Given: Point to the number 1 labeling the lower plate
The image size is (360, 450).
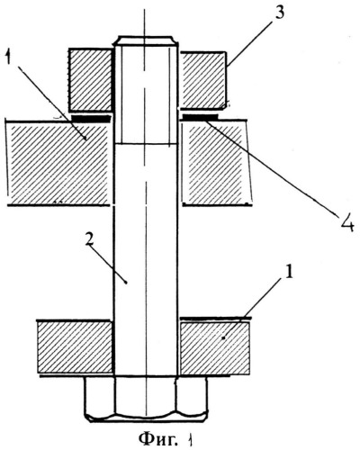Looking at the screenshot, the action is pyautogui.click(x=288, y=272).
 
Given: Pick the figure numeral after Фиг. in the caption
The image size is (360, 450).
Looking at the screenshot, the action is pyautogui.click(x=190, y=440).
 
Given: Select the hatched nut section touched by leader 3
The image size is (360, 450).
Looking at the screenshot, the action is pyautogui.click(x=203, y=80).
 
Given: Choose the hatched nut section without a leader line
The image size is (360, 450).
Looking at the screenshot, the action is pyautogui.click(x=90, y=79).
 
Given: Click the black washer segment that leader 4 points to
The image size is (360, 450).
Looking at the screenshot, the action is pyautogui.click(x=199, y=116).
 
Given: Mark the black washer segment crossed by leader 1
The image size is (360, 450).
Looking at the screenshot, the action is pyautogui.click(x=90, y=119).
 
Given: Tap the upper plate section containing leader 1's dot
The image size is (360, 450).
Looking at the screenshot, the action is pyautogui.click(x=58, y=163).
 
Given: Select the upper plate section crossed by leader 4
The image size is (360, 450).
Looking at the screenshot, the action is pyautogui.click(x=217, y=162).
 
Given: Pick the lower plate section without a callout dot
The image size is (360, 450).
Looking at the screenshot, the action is pyautogui.click(x=75, y=347).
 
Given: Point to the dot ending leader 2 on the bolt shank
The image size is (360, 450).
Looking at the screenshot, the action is pyautogui.click(x=126, y=283).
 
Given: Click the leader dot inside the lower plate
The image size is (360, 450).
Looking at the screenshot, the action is pyautogui.click(x=223, y=338).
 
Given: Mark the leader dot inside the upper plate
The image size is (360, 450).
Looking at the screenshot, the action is pyautogui.click(x=85, y=139).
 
